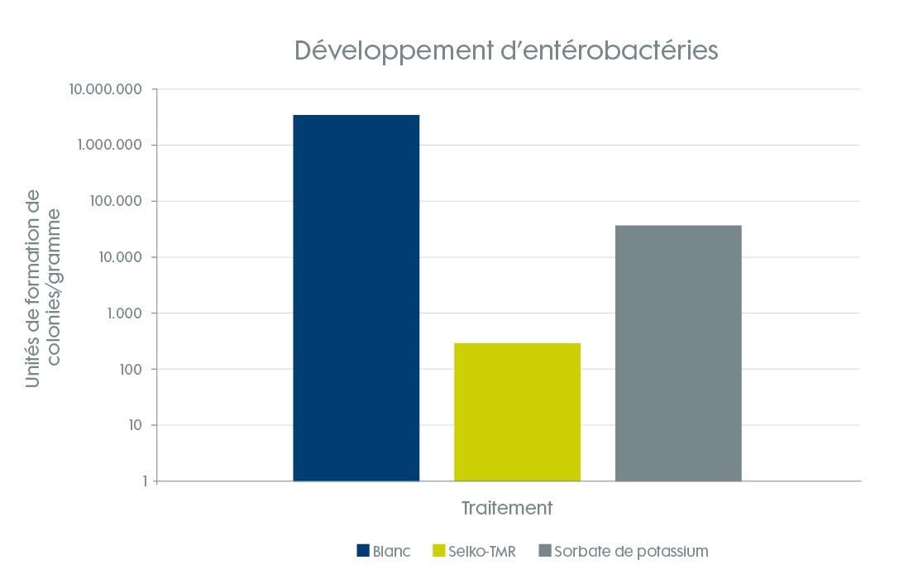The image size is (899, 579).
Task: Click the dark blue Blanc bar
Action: (356, 298)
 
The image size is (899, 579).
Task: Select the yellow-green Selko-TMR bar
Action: (517, 412)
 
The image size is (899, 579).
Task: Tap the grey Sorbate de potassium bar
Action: (678, 353)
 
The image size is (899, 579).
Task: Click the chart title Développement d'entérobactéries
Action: (506, 50)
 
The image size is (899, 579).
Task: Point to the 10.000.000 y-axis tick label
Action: (106, 89)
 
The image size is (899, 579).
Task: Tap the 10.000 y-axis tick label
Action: (120, 257)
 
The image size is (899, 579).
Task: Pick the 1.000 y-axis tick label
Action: (124, 313)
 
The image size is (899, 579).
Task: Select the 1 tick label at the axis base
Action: (144, 481)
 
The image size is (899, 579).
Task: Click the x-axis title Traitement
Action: (506, 508)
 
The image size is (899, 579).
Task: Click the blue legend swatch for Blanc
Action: (362, 551)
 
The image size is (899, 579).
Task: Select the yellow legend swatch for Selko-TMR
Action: (438, 551)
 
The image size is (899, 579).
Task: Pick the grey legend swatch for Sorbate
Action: (544, 551)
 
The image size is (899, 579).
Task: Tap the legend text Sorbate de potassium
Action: (631, 551)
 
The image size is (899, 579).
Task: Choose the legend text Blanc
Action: (391, 551)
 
